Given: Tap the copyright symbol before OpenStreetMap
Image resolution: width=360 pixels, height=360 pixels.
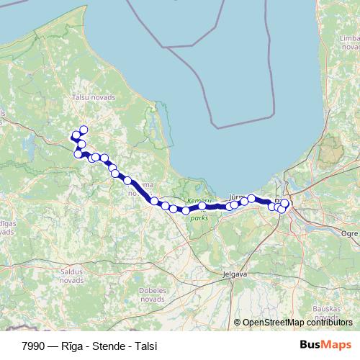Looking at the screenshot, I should (x=237, y=323).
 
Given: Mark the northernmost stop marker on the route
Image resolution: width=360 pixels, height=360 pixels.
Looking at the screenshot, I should (x=84, y=130).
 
